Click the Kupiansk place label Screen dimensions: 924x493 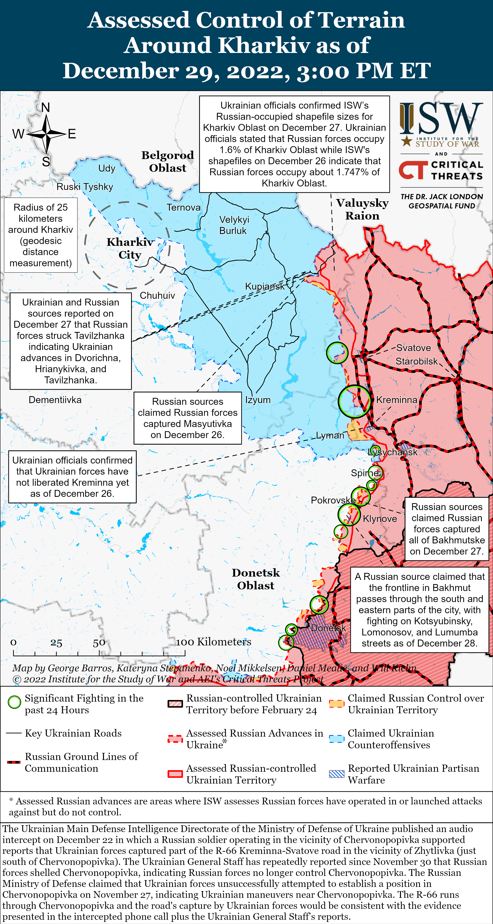[x=264, y=286]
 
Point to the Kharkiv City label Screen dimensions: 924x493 [x=130, y=248]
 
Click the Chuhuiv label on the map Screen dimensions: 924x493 [x=157, y=296]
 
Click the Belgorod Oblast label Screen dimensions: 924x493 [x=168, y=161]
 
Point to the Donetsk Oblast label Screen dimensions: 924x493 [x=255, y=579]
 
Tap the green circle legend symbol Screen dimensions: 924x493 [x=14, y=702]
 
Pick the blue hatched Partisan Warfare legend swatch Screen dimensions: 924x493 [x=337, y=774]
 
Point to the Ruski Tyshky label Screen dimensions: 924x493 [x=85, y=187]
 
